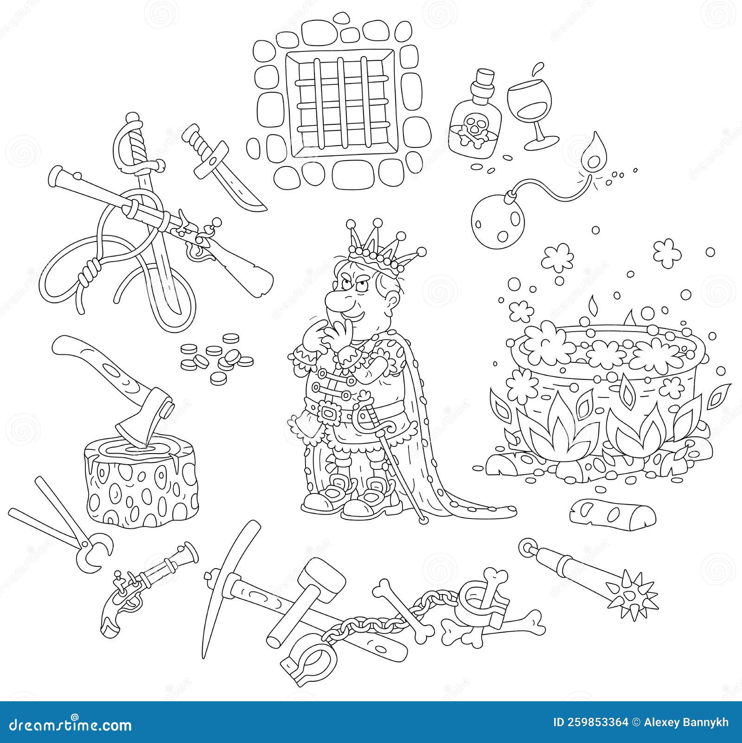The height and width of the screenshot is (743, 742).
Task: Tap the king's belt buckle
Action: pos(330,412)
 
